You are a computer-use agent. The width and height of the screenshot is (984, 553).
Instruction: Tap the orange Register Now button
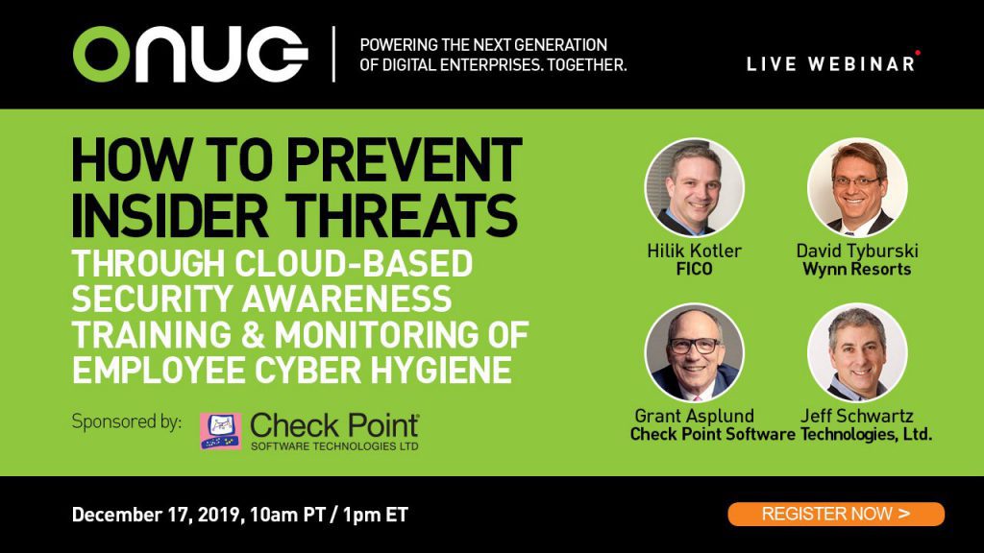tap(836, 515)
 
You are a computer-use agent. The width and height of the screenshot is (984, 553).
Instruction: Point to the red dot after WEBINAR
tap(918, 54)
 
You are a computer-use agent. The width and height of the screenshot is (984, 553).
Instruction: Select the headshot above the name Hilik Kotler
tap(694, 187)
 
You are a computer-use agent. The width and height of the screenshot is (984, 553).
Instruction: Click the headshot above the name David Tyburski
tap(857, 187)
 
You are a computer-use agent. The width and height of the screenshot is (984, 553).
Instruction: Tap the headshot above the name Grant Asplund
tap(694, 353)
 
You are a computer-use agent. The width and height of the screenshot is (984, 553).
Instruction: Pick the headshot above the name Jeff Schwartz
tap(857, 353)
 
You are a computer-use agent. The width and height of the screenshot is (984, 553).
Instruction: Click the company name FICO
tap(694, 270)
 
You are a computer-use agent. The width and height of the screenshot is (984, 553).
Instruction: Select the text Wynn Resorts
tap(856, 270)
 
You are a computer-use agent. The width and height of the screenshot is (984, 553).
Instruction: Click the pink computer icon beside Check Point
tap(221, 431)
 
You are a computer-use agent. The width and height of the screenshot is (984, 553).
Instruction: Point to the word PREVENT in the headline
tap(405, 160)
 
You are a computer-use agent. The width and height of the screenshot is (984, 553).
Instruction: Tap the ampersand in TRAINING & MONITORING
tap(253, 335)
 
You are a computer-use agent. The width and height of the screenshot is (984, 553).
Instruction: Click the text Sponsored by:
tap(127, 422)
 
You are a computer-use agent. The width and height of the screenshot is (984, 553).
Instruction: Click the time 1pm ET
tap(376, 515)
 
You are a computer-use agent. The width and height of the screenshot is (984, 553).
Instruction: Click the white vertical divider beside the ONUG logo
tap(333, 54)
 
